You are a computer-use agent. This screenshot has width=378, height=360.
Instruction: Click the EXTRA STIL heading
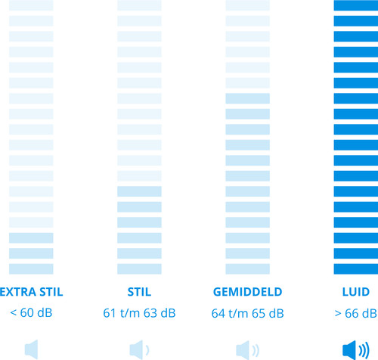coord(31,292)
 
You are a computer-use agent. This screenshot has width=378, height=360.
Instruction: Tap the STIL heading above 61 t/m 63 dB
coord(139,292)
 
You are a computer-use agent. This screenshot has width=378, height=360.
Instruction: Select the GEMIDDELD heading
coord(248,292)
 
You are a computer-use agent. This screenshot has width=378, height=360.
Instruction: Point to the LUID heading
coord(356,292)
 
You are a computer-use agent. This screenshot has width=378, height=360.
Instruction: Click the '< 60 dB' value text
coord(31,313)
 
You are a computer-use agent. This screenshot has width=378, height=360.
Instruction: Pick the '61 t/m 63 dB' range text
coord(139,313)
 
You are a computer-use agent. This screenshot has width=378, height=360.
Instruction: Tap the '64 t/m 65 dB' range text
coord(248,313)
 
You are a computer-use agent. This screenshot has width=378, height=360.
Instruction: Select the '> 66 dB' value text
coord(356,313)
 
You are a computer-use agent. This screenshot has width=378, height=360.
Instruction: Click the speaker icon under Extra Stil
coord(32,349)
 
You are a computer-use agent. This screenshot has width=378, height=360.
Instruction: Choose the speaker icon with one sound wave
coord(139,350)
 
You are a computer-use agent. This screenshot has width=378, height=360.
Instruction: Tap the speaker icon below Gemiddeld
coord(248,350)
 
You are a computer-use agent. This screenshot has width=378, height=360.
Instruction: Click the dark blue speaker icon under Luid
coord(356,350)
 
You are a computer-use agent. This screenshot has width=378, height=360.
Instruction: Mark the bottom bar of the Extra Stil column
coord(31,268)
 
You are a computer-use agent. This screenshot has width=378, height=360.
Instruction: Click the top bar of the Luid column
coord(356,5)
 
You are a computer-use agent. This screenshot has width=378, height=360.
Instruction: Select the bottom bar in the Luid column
coord(356,268)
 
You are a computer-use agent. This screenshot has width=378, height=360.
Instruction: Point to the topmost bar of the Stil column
coord(139,5)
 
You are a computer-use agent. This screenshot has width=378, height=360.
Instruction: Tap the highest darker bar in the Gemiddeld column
coord(248,98)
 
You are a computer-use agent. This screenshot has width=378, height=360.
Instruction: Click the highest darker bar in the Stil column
coord(139,191)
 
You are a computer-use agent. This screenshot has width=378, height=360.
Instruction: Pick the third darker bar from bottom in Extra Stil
coord(31,237)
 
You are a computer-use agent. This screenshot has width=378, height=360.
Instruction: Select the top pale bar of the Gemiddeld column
coord(248,5)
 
